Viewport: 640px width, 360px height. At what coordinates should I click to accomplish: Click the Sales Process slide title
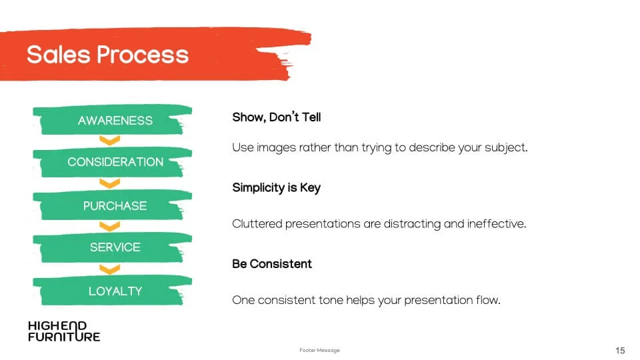108,55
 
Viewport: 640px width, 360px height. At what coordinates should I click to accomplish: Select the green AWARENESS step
112,120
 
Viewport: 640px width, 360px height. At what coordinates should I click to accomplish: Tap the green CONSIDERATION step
112,162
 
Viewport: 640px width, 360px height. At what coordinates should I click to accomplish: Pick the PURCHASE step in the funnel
112,205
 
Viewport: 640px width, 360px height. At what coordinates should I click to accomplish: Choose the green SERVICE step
112,247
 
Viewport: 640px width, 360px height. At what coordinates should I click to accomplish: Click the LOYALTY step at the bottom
112,291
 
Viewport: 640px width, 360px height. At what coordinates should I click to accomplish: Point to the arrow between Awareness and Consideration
110,141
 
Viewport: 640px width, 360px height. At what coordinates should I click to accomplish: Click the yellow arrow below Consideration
110,184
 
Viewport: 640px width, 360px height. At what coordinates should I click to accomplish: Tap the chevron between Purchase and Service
110,227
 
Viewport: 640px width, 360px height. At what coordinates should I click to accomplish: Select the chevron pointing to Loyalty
110,269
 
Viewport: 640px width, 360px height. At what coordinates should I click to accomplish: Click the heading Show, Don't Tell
276,117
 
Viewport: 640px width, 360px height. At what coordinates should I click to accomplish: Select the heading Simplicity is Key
276,188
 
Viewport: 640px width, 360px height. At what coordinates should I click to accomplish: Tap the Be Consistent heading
272,264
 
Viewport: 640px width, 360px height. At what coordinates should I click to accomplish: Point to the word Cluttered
257,224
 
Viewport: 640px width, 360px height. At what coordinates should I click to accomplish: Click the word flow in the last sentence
488,300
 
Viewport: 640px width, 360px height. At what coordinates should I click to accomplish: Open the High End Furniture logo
64,331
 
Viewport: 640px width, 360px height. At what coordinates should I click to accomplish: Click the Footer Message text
319,350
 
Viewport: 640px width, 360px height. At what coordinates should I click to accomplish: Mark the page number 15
620,350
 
